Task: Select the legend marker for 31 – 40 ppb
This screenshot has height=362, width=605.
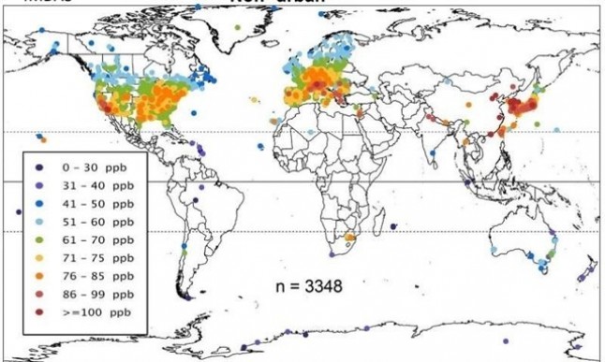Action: [x=40, y=184]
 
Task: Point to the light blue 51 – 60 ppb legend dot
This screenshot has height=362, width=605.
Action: [x=40, y=221]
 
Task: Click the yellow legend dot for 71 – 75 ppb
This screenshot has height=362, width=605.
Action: [x=40, y=256]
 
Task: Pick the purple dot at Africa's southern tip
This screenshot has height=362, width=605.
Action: [x=328, y=253]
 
